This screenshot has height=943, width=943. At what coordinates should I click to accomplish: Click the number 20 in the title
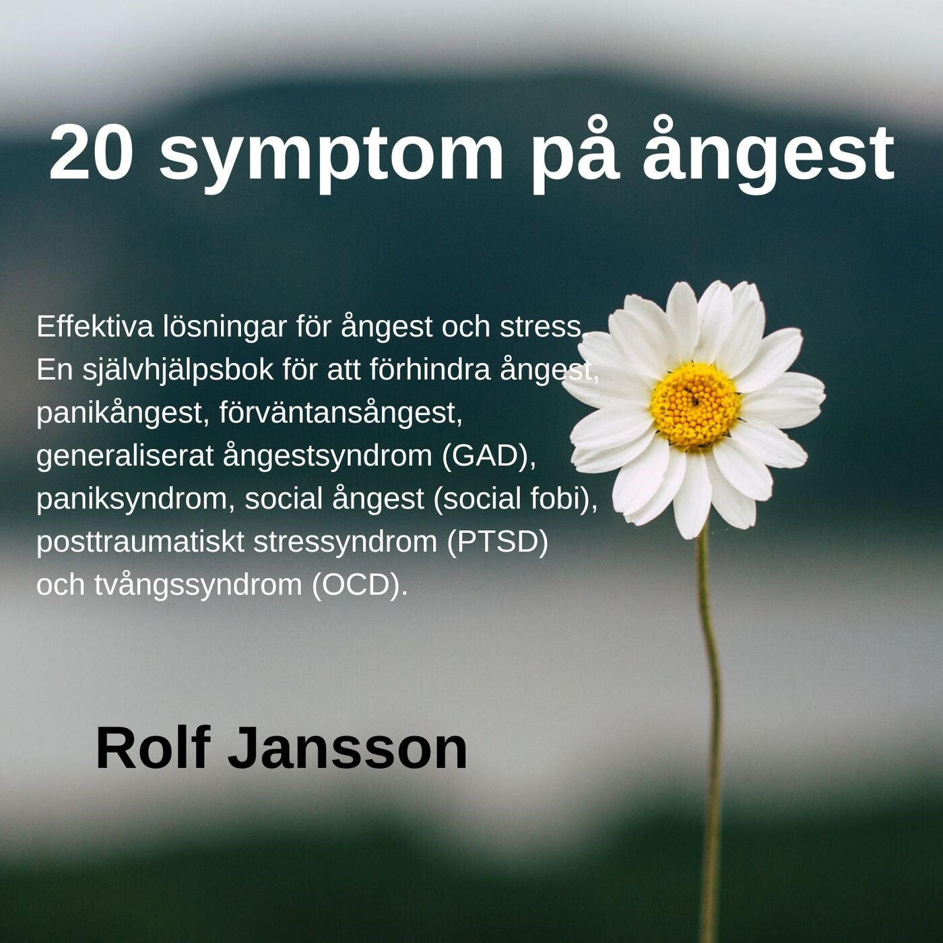point(90,154)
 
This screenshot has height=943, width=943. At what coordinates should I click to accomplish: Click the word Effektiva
point(95,327)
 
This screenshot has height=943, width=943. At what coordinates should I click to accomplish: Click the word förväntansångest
point(341,413)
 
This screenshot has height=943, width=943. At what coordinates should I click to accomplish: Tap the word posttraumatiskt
point(140,542)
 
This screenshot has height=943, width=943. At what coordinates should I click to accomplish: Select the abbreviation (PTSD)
point(497,542)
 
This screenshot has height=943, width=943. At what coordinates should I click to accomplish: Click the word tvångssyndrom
point(198,585)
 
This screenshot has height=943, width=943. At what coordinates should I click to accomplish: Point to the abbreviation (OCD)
point(360,585)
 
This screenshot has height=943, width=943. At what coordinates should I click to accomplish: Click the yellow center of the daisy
point(695,405)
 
